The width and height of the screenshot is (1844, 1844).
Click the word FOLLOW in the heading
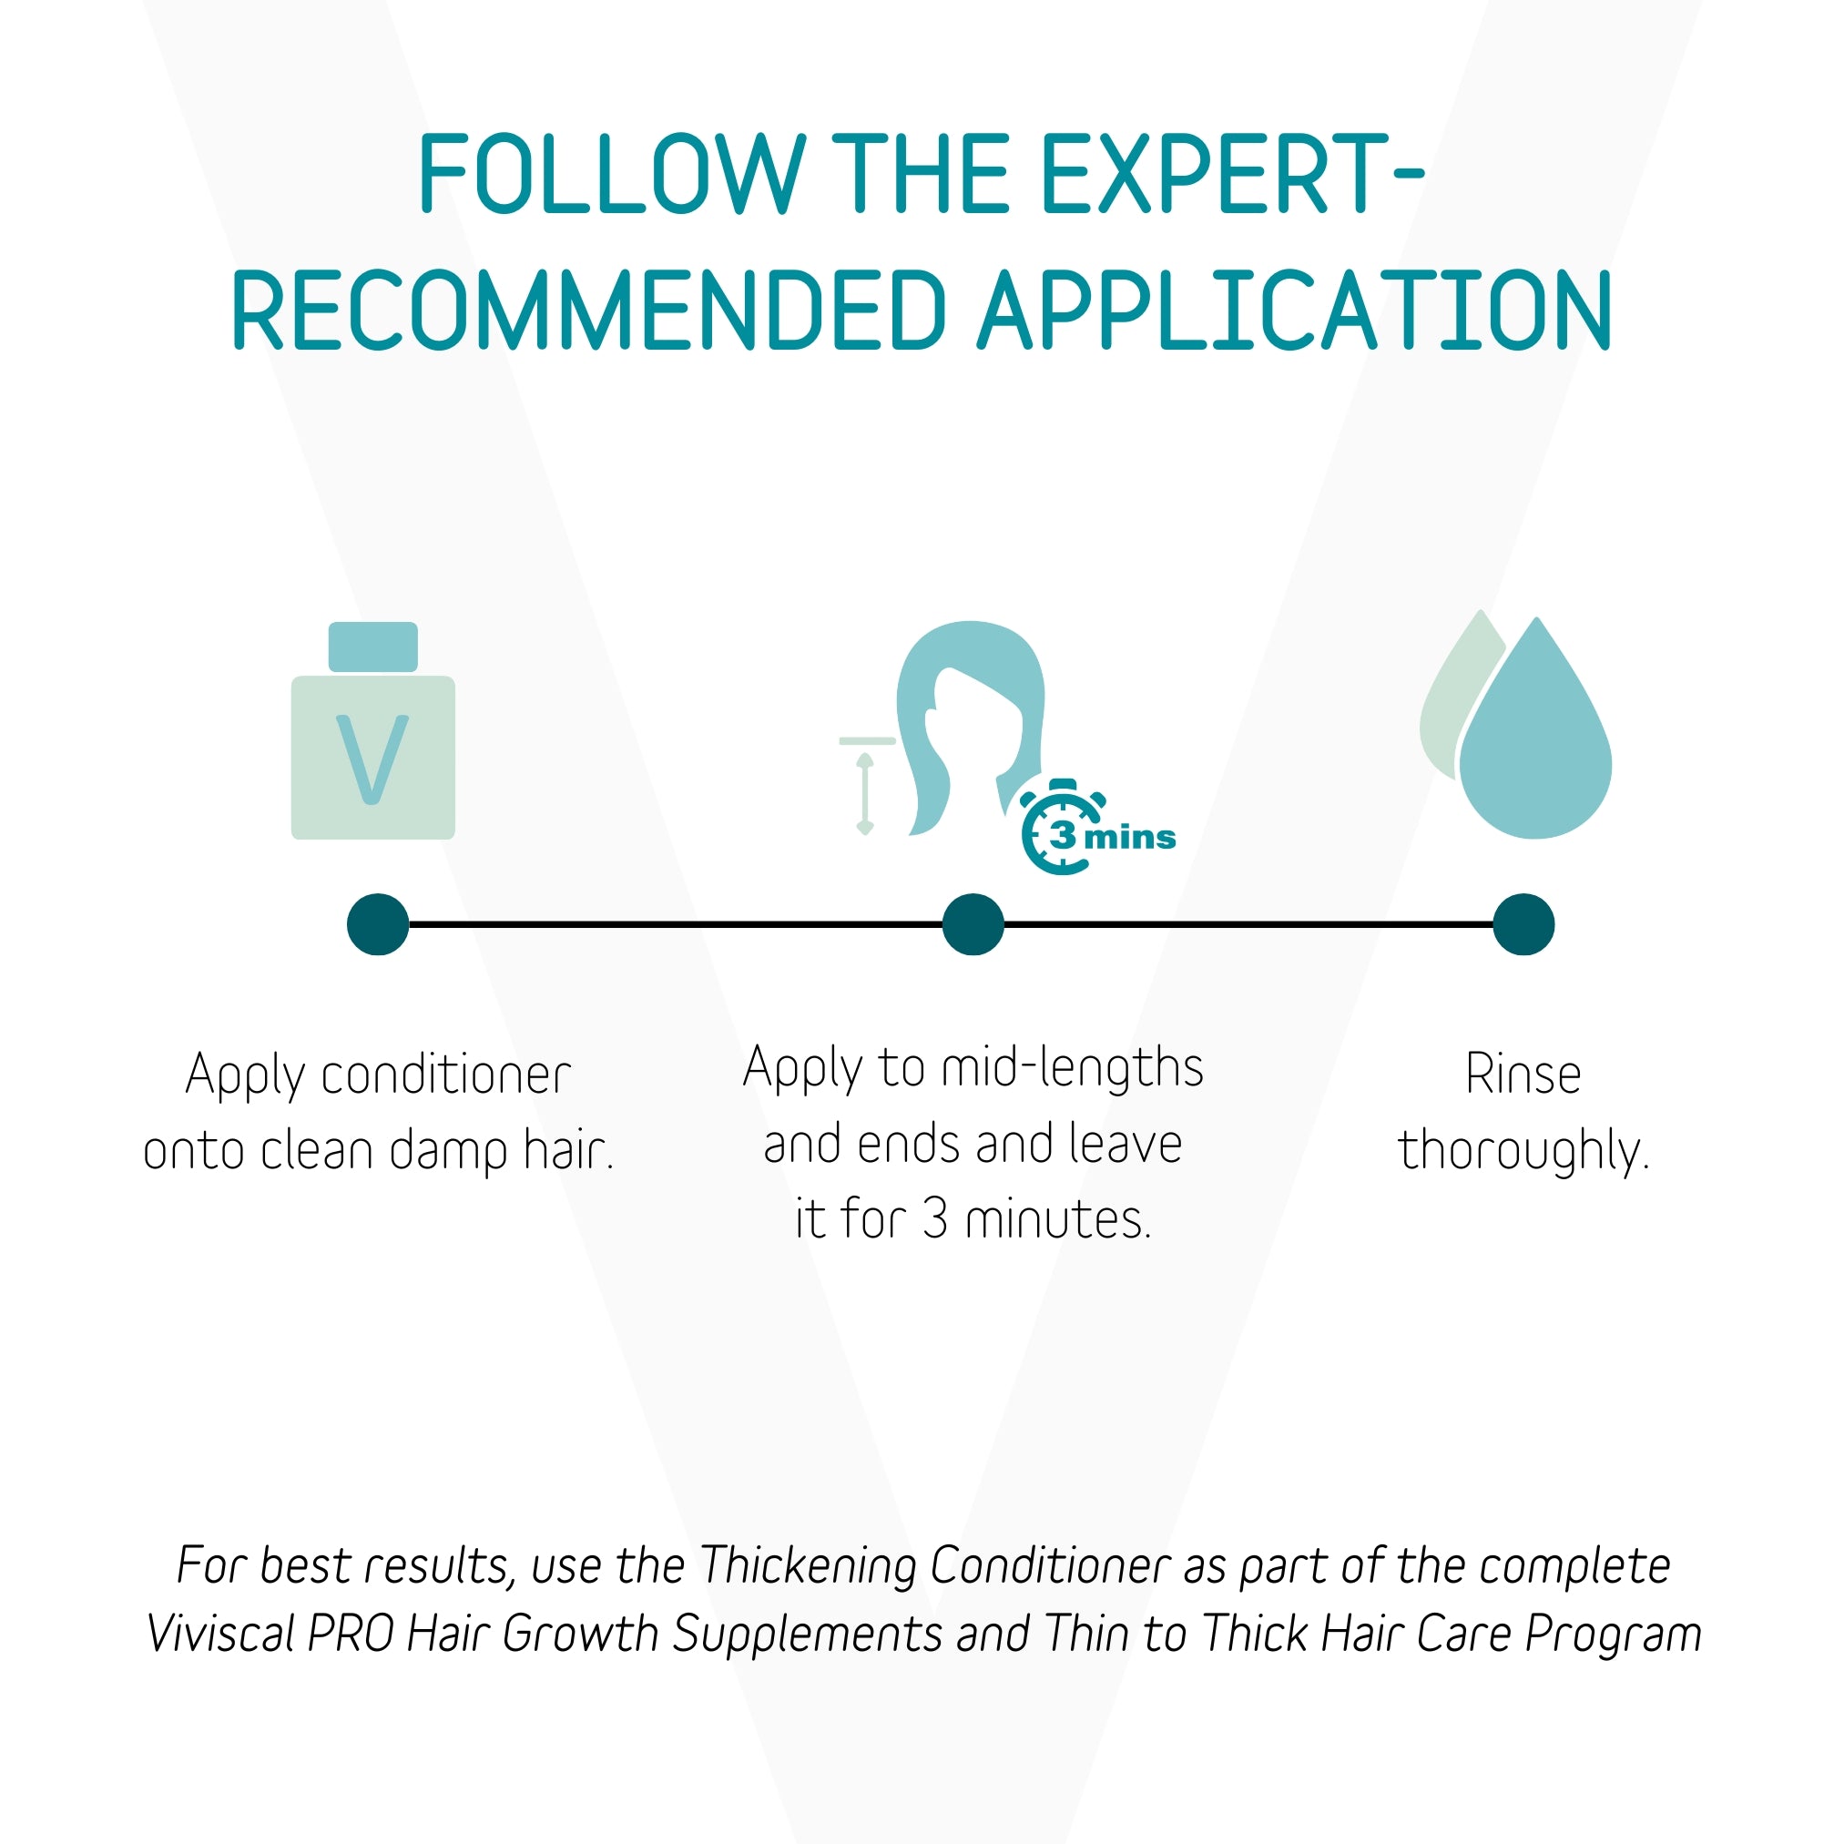pyautogui.click(x=611, y=174)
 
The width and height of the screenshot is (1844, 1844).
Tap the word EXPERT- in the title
pyautogui.click(x=1232, y=174)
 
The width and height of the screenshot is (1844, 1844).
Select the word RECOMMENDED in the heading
pyautogui.click(x=588, y=311)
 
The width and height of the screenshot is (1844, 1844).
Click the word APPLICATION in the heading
pyautogui.click(x=1294, y=311)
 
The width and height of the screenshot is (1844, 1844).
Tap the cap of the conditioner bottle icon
pyautogui.click(x=373, y=647)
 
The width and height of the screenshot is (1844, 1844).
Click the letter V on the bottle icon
pyautogui.click(x=372, y=759)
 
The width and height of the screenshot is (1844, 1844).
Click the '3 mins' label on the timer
pyautogui.click(x=1114, y=836)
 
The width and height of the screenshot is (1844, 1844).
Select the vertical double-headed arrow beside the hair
pyautogui.click(x=865, y=793)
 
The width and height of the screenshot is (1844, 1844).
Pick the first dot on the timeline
pyautogui.click(x=378, y=924)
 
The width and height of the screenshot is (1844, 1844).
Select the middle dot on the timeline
pyautogui.click(x=973, y=924)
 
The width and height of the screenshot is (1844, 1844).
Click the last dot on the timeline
pyautogui.click(x=1523, y=924)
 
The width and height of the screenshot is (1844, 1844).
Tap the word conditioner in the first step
pyautogui.click(x=445, y=1075)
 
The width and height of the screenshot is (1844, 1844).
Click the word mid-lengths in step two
pyautogui.click(x=1072, y=1069)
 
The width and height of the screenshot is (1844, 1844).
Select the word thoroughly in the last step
pyautogui.click(x=1523, y=1149)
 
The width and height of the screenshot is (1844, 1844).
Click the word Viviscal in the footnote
pyautogui.click(x=221, y=1633)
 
